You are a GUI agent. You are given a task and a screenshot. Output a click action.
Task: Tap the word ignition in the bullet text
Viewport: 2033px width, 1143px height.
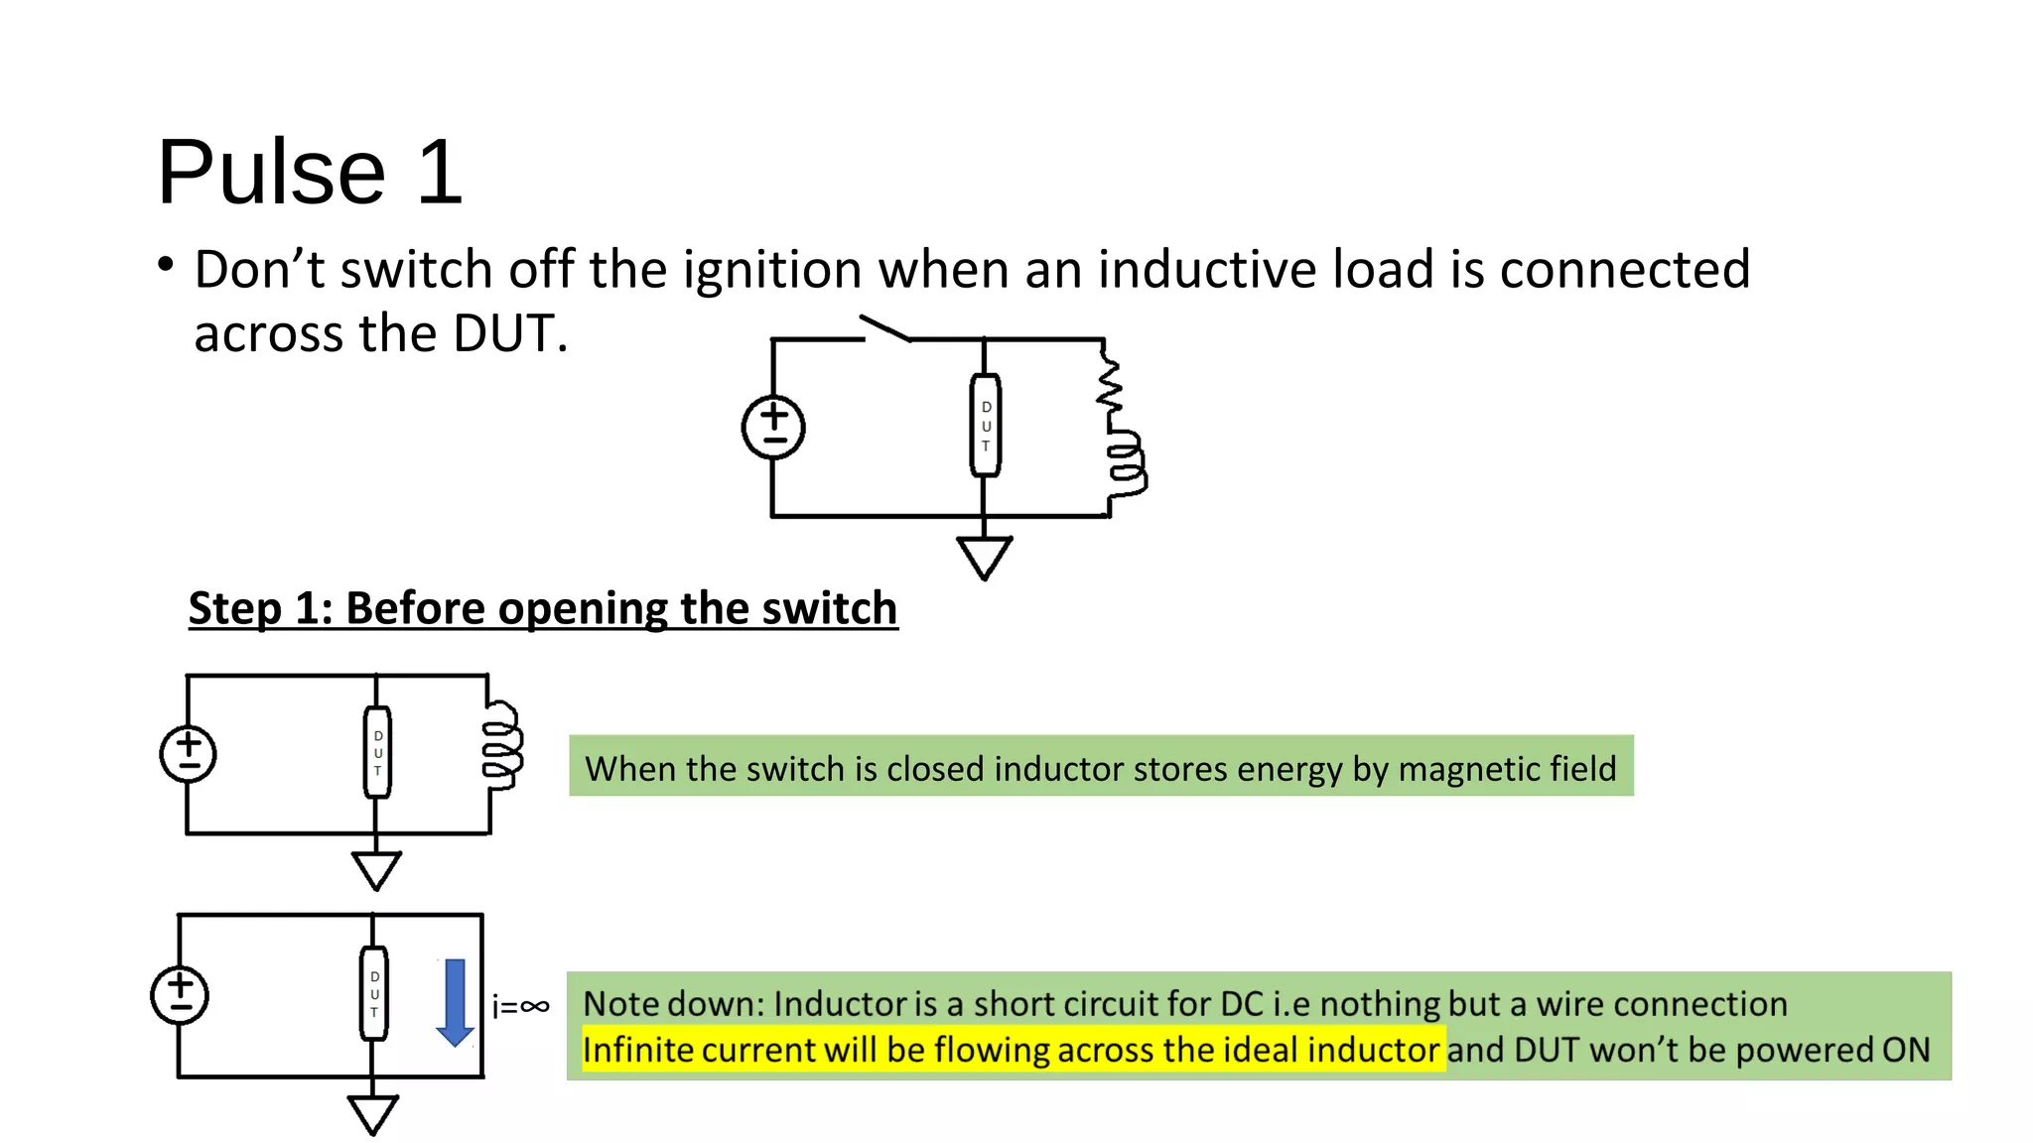click(x=771, y=270)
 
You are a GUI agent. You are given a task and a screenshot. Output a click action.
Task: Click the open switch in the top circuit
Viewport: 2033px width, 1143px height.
click(x=885, y=328)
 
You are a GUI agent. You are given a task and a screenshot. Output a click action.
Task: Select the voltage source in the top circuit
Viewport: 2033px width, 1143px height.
click(x=773, y=428)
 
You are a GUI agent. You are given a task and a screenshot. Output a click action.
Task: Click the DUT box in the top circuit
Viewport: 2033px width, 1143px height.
click(x=985, y=426)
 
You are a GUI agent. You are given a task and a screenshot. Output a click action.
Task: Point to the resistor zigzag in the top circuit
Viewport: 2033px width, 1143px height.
click(x=1110, y=383)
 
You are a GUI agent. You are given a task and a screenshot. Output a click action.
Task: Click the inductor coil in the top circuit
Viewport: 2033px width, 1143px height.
click(x=1127, y=462)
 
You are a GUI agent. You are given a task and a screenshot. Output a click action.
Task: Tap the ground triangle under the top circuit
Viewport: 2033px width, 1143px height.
click(x=984, y=556)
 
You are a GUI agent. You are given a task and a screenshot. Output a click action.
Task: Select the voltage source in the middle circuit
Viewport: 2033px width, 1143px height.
click(x=188, y=754)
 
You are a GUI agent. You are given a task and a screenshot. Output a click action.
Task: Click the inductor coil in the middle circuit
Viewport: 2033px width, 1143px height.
click(x=501, y=746)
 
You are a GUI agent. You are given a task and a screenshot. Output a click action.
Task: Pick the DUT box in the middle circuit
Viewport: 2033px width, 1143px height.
click(x=377, y=752)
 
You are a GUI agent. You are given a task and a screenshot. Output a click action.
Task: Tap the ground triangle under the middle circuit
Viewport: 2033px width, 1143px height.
click(x=376, y=869)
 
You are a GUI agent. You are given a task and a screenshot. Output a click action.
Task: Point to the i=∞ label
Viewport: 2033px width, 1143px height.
click(x=520, y=1007)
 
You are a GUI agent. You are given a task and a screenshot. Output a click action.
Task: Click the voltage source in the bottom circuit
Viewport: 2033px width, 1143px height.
click(x=180, y=995)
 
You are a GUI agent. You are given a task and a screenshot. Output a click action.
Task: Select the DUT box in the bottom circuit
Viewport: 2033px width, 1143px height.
click(x=374, y=994)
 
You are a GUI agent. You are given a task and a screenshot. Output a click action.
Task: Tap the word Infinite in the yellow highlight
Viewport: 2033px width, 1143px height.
click(x=637, y=1050)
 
